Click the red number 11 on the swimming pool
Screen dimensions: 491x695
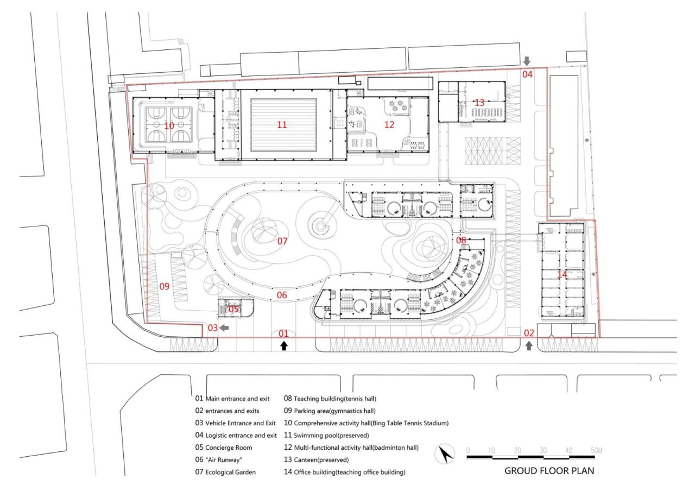click(x=281, y=125)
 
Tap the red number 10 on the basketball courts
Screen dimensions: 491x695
click(x=169, y=125)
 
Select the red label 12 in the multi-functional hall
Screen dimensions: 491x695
click(x=389, y=125)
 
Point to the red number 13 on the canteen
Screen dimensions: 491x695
click(x=479, y=103)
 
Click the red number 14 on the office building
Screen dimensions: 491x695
click(x=562, y=275)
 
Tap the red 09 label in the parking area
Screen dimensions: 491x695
click(x=165, y=286)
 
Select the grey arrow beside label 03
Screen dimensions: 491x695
click(x=225, y=328)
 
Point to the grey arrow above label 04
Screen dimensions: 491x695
click(x=527, y=61)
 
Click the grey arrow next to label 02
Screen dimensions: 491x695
click(x=529, y=345)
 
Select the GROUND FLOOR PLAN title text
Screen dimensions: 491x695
click(x=549, y=471)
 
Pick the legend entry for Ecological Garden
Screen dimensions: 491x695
click(x=225, y=472)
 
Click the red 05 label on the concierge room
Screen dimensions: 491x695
click(x=233, y=309)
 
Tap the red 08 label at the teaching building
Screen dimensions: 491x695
click(x=460, y=240)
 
